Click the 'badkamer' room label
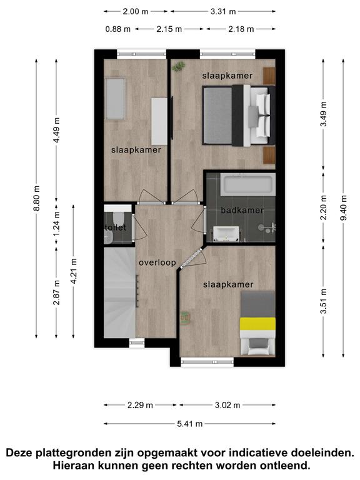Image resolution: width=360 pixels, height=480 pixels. pyautogui.click(x=242, y=210)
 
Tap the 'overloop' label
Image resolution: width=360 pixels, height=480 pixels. pyautogui.click(x=157, y=262)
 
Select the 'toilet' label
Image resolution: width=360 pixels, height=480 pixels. pyautogui.click(x=115, y=227)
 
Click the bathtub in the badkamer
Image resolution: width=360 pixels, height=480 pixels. pyautogui.click(x=248, y=184)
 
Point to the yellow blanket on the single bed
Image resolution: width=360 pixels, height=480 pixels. pyautogui.click(x=257, y=324)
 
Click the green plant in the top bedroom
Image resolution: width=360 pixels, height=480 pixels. pyautogui.click(x=179, y=66)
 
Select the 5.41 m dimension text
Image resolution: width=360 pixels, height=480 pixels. pyautogui.click(x=190, y=424)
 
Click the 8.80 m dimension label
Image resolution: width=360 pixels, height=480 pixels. pyautogui.click(x=36, y=198)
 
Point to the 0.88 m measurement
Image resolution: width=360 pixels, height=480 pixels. pyautogui.click(x=118, y=29)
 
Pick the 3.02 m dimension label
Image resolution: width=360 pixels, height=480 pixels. pyautogui.click(x=227, y=405)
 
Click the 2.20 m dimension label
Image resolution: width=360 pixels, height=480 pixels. pyautogui.click(x=323, y=208)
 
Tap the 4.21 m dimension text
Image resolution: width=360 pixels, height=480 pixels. pyautogui.click(x=74, y=271)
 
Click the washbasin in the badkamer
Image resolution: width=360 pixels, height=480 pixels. pyautogui.click(x=226, y=234)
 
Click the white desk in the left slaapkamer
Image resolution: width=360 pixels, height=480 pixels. pyautogui.click(x=159, y=121)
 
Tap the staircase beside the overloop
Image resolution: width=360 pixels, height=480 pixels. pyautogui.click(x=120, y=292)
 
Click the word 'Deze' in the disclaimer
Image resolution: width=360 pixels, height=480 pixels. pyautogui.click(x=19, y=452)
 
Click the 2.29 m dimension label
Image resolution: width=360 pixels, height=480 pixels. pyautogui.click(x=140, y=405)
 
